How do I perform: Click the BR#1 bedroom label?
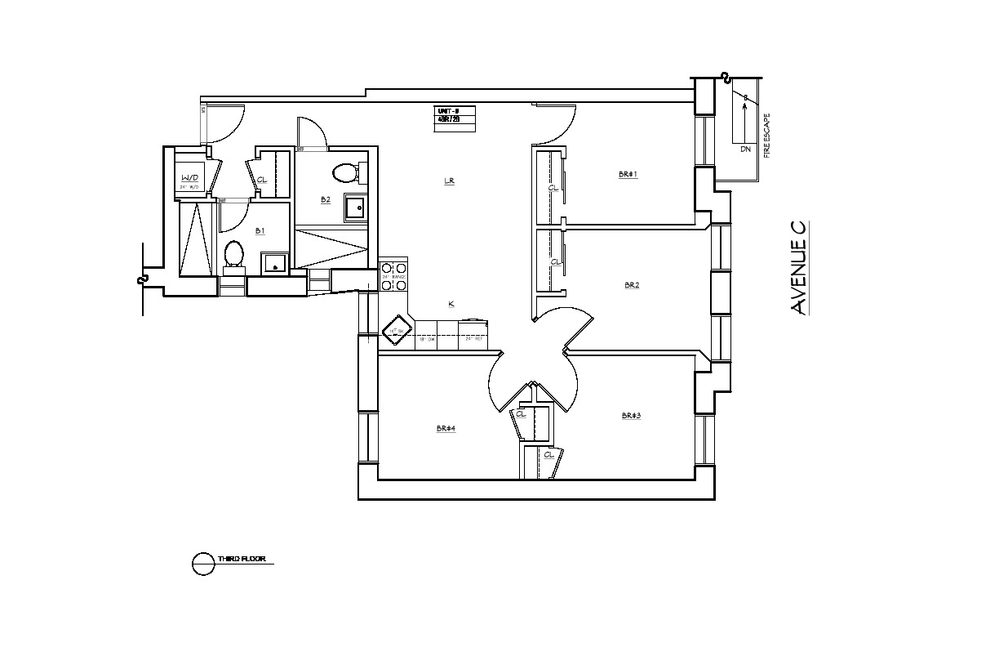[x=628, y=174]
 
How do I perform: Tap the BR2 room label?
[x=632, y=285]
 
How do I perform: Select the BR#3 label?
[x=631, y=416]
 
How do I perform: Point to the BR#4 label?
[x=446, y=428]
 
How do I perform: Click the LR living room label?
[x=449, y=181]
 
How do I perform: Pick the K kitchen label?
[x=451, y=305]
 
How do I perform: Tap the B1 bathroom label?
[x=260, y=231]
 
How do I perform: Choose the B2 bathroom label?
[x=325, y=199]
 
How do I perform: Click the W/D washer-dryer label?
[x=189, y=177]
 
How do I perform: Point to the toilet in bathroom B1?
[x=233, y=254]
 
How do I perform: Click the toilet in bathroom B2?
[x=345, y=173]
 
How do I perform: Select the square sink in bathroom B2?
[x=356, y=208]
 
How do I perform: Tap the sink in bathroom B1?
[x=274, y=263]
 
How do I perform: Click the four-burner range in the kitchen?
[x=394, y=275]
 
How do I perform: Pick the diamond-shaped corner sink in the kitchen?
[x=397, y=332]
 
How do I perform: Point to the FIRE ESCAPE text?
[x=766, y=135]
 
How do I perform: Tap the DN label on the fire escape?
[x=745, y=149]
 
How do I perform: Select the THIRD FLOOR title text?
[x=241, y=560]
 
